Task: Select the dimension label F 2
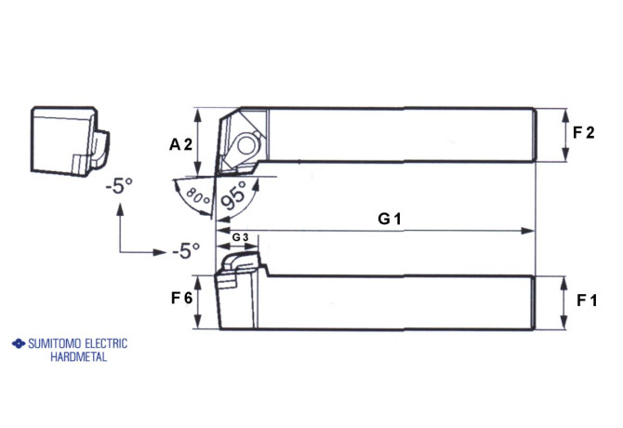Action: point(583,133)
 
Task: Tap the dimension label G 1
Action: point(389,219)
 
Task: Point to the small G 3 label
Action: point(240,238)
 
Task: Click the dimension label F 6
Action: point(181,299)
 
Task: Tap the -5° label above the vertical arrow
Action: point(119,184)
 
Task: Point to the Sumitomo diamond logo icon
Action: point(16,343)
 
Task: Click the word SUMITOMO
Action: point(54,343)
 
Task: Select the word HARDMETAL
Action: point(79,356)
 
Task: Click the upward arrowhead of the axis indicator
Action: point(119,208)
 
